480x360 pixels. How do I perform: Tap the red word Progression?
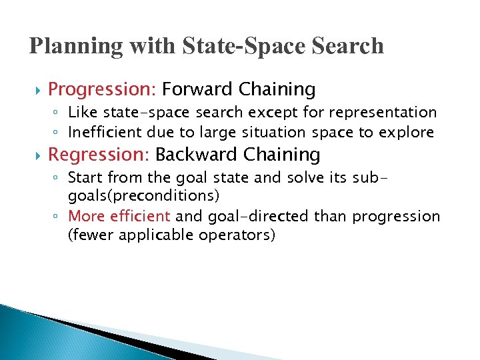[103, 89]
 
